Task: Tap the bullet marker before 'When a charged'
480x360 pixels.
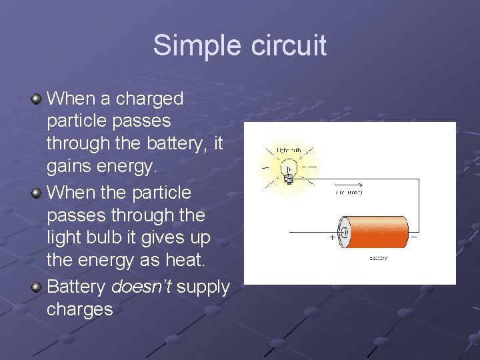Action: click(37, 99)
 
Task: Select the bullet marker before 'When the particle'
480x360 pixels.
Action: click(37, 193)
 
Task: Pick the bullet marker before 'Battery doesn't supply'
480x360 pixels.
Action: click(37, 287)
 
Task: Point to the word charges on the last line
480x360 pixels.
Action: click(80, 310)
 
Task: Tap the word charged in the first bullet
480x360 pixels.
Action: click(149, 99)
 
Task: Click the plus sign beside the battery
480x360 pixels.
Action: click(332, 237)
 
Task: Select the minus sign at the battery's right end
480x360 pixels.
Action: click(414, 236)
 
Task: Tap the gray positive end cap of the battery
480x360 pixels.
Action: click(345, 232)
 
